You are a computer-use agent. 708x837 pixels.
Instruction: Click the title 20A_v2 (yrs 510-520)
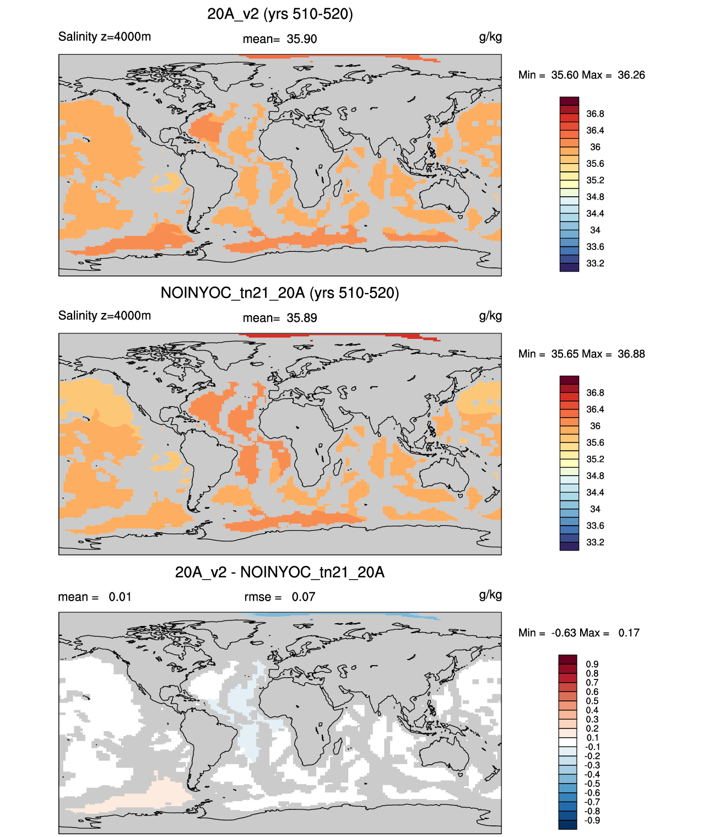pos(280,14)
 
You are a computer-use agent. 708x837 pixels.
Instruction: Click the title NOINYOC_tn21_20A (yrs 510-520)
pos(280,293)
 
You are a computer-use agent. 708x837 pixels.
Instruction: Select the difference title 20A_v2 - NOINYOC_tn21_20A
pos(280,572)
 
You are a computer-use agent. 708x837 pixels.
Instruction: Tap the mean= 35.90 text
pos(280,39)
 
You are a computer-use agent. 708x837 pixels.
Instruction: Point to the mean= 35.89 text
pos(280,318)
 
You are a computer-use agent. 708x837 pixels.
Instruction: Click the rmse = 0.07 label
pos(280,597)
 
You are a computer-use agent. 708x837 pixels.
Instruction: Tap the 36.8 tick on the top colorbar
pos(595,114)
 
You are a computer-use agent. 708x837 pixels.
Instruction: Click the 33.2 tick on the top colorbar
pos(595,263)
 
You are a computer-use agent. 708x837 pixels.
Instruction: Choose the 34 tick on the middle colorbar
pos(595,509)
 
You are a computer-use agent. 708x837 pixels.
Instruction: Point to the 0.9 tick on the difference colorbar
pos(592,664)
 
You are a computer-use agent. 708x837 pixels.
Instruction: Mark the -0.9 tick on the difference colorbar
pos(592,820)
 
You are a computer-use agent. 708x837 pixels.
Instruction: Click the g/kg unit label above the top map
pos(490,37)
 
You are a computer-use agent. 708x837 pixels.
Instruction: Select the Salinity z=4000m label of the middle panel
pos(105,315)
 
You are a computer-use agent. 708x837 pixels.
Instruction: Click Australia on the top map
pos(444,195)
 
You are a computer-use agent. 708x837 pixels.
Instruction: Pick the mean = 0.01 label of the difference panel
pos(95,597)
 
